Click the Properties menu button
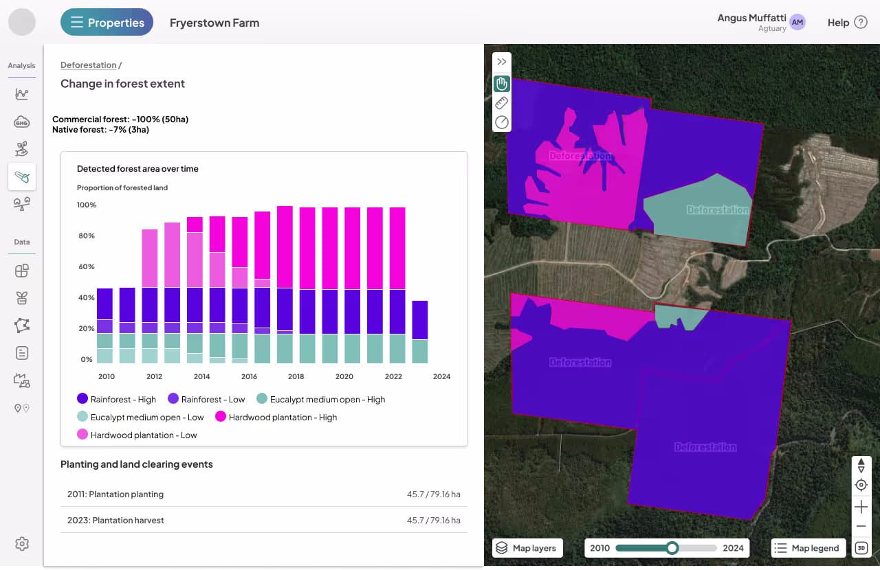coord(107,23)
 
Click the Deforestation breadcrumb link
coord(89,65)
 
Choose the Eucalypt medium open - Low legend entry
coord(140,417)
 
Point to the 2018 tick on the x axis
coord(296,376)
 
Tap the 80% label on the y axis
coord(86,236)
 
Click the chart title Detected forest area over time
coord(137,168)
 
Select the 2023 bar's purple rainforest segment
coord(419,320)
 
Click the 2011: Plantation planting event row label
coord(115,494)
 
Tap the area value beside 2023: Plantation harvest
coord(433,521)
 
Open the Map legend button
coord(808,548)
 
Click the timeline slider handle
coord(672,548)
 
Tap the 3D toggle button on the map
coord(861,548)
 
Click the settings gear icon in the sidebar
coord(22,544)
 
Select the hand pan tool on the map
coord(502,84)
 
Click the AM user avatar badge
coord(797,23)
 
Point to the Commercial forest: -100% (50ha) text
coord(120,119)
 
